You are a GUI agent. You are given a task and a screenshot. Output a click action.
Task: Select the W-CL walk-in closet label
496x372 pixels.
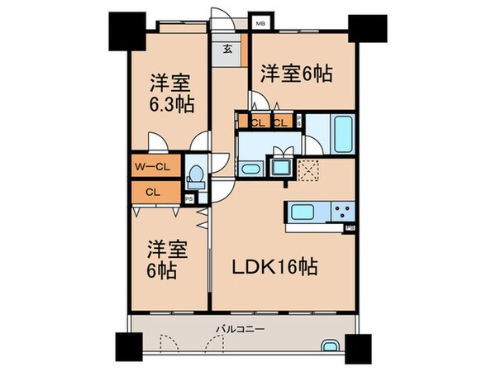[x=154, y=165]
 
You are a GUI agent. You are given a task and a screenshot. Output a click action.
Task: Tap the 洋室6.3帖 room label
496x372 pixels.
[x=170, y=93]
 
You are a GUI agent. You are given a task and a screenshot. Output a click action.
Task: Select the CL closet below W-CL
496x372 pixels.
[x=153, y=192]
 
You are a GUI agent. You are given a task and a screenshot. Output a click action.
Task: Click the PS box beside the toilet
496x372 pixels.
[x=189, y=198]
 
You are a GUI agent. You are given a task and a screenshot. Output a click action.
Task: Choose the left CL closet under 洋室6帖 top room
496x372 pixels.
[x=257, y=123]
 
